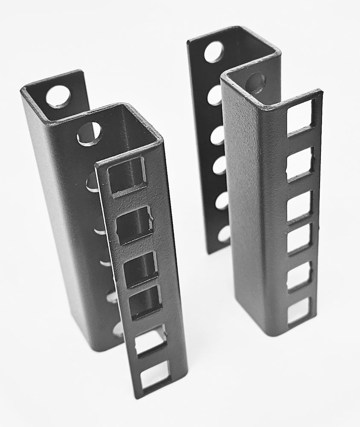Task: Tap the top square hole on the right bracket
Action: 301,116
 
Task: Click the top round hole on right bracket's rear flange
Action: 213,52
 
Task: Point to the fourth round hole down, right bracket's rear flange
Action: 220,165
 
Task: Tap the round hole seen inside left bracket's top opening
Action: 90,134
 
